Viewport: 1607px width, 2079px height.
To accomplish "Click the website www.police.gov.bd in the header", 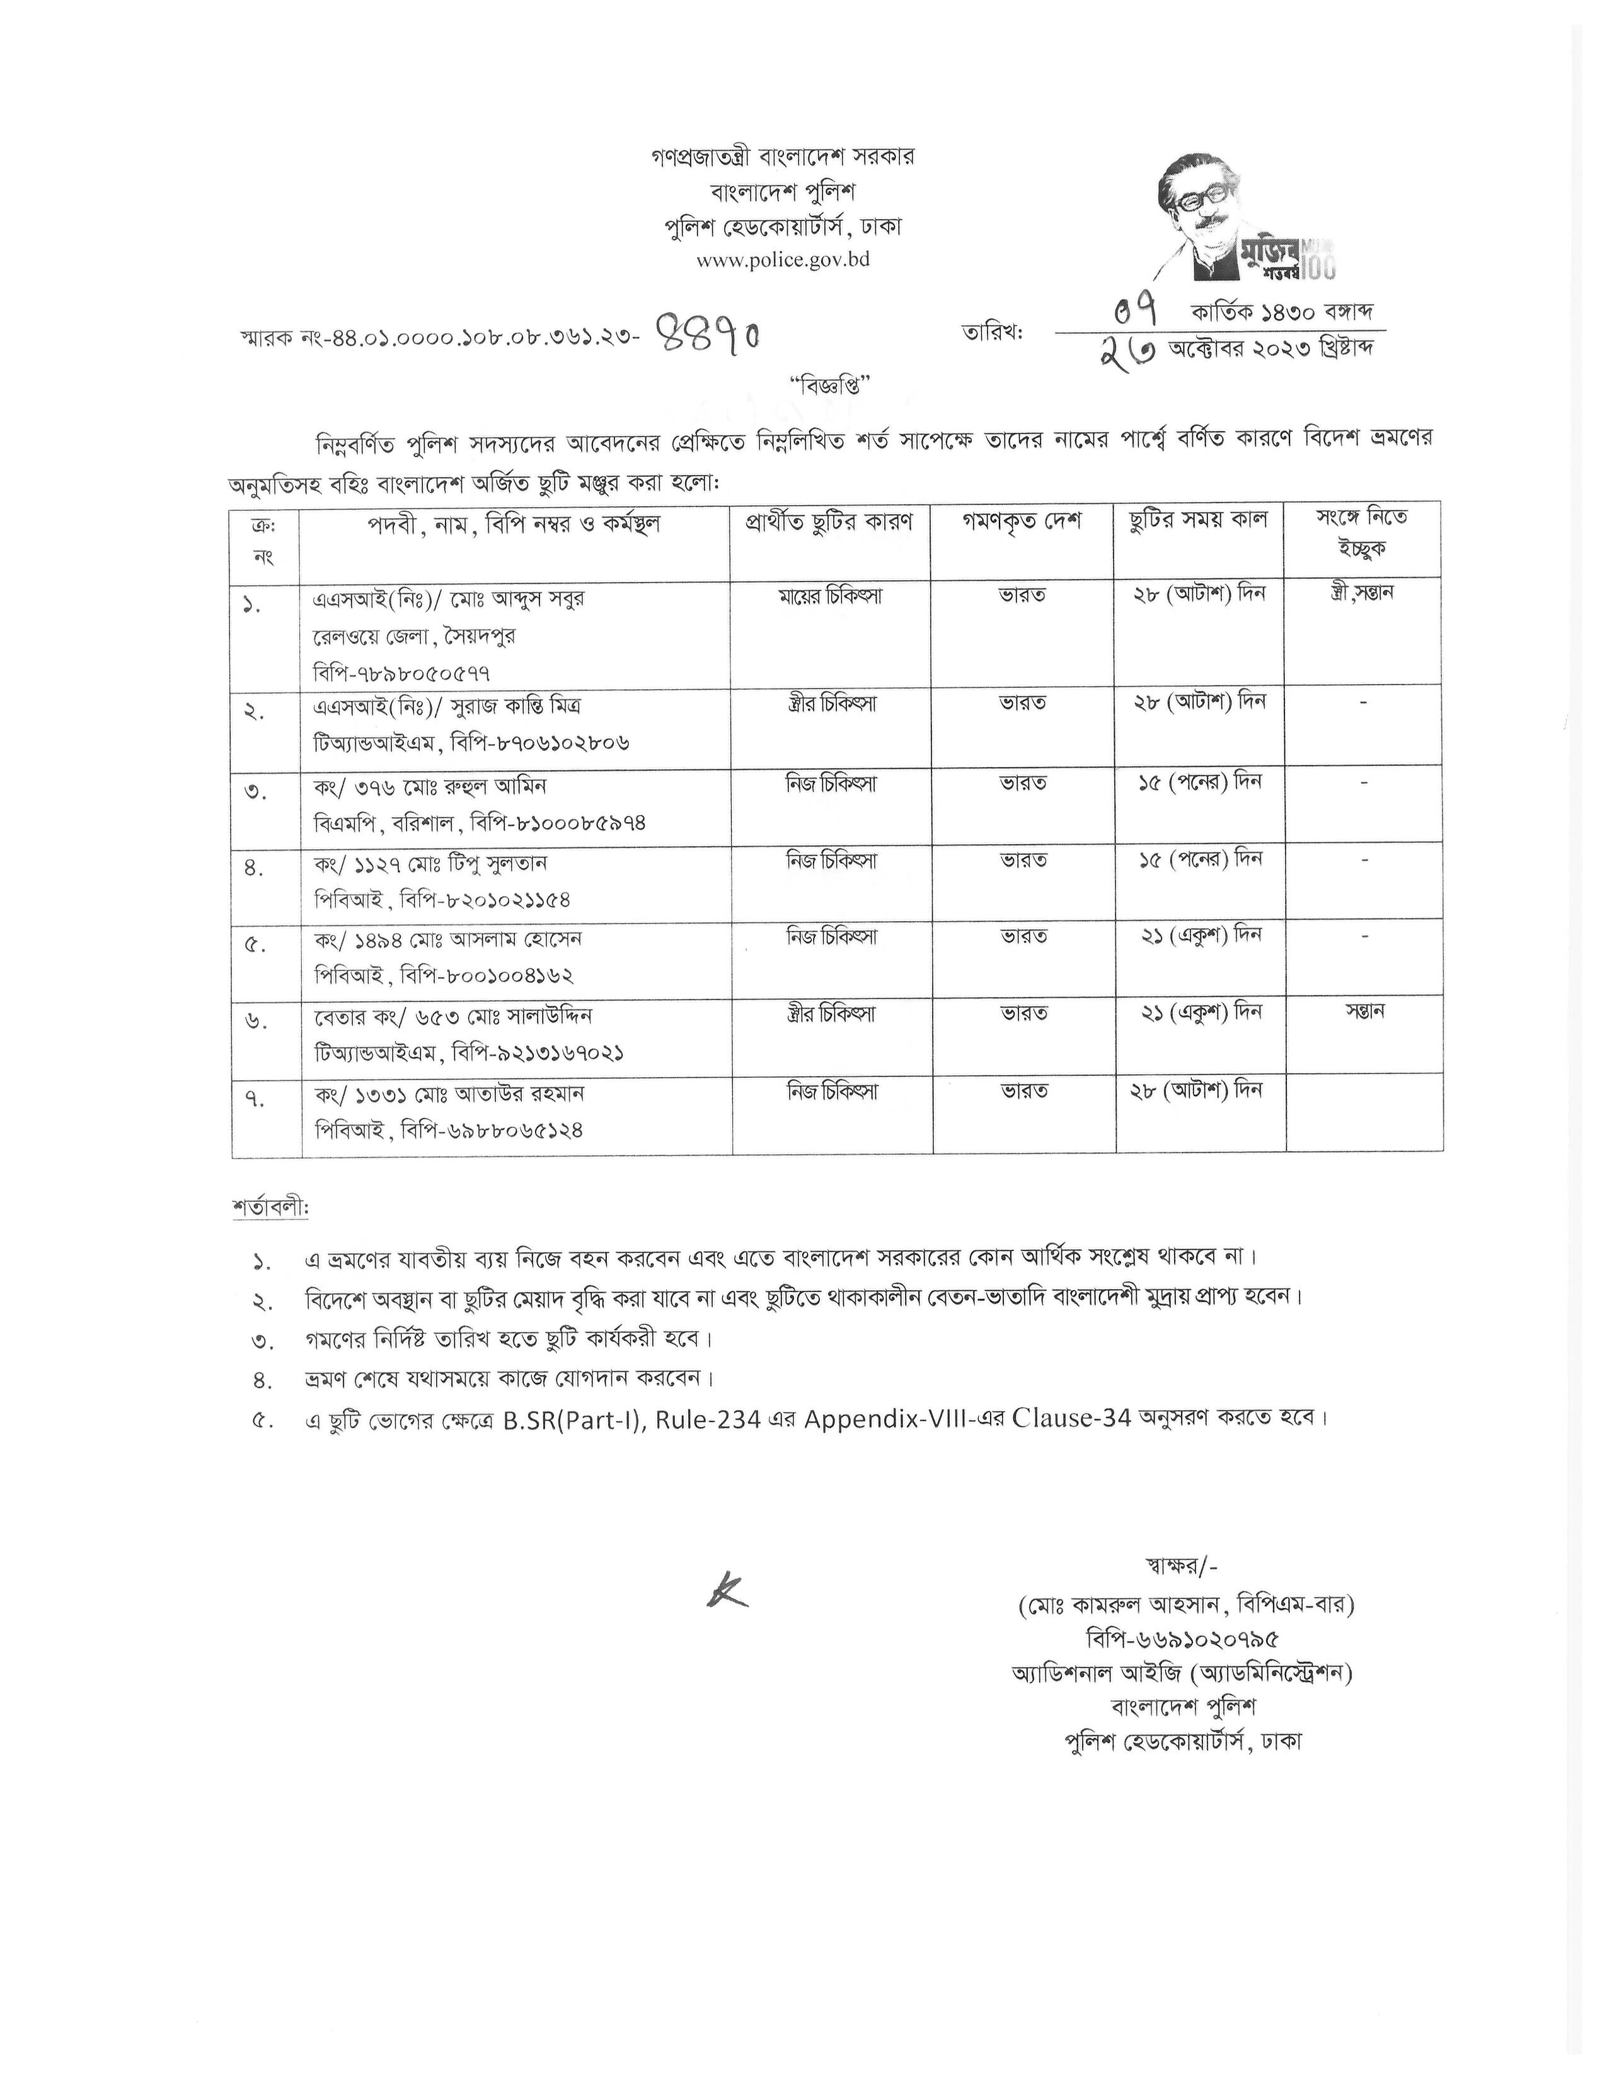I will click(x=783, y=260).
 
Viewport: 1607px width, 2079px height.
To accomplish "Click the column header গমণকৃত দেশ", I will click(x=1022, y=523).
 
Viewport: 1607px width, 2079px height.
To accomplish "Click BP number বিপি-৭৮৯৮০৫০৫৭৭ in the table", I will click(x=402, y=673).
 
